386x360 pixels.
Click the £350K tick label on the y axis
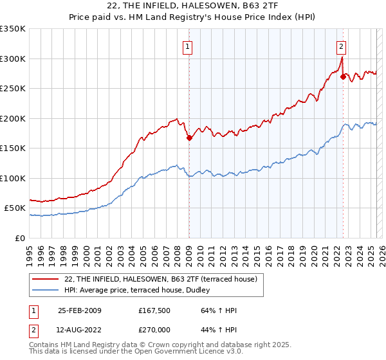12,29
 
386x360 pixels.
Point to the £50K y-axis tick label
15,208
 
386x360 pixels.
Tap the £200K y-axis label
12,118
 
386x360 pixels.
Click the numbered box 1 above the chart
187,46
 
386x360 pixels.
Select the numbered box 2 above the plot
340,46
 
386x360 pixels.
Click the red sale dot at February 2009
189,138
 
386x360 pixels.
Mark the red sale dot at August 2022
343,76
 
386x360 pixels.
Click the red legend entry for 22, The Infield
161,279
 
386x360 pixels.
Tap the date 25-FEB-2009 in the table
79,310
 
